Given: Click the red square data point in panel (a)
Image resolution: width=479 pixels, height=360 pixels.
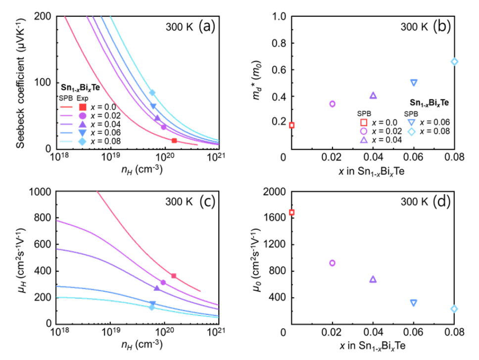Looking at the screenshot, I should (x=174, y=141).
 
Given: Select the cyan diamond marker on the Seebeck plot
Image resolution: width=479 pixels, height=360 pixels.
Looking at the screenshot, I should (x=152, y=93).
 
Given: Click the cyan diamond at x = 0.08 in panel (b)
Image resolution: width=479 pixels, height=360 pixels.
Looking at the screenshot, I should (x=455, y=62).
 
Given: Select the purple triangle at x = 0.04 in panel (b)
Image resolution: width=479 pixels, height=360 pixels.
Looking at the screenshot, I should (x=373, y=96).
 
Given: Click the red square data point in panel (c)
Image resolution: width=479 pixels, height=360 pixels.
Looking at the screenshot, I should (x=174, y=276).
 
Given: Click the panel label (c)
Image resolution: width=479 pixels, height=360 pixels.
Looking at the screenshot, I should (x=206, y=203).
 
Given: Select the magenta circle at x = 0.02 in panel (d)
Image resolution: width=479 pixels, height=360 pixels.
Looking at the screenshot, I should (x=333, y=263).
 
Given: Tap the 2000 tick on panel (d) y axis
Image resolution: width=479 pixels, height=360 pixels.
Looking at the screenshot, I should (x=275, y=192).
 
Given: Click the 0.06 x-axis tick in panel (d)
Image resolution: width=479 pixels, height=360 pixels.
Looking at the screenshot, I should (x=414, y=334).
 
